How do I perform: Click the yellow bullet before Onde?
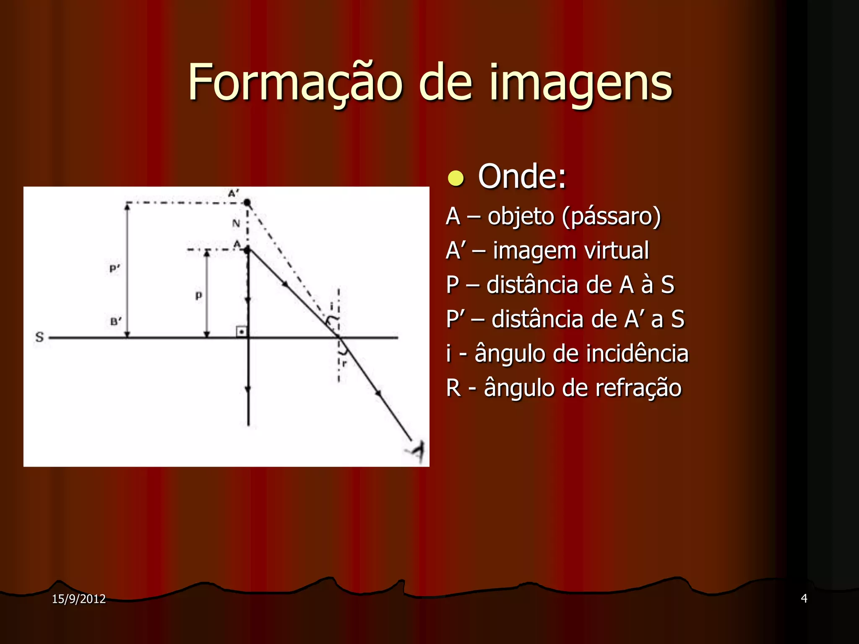456,178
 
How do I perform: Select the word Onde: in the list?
522,177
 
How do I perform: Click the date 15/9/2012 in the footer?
78,599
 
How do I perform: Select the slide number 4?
804,598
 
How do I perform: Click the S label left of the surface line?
39,337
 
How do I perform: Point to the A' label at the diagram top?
233,193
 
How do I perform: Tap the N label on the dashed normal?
236,223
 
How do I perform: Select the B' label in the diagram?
116,322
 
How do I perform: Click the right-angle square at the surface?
242,332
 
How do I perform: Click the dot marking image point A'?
247,203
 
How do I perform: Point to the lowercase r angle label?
345,363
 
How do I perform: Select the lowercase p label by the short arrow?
199,296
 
